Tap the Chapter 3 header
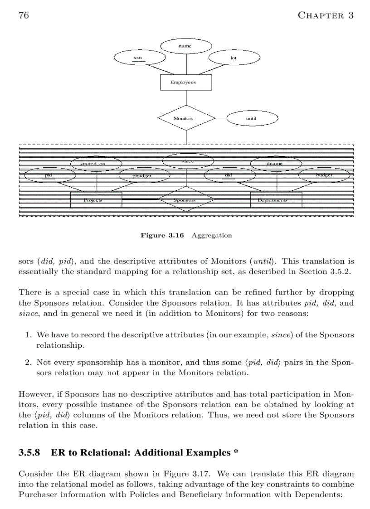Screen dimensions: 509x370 point(325,15)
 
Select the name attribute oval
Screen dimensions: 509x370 point(185,46)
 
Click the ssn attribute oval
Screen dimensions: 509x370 point(138,58)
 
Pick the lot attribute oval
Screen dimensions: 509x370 point(234,58)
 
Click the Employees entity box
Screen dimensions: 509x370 point(185,82)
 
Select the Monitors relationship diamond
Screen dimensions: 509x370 point(186,118)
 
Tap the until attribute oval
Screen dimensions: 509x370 point(252,118)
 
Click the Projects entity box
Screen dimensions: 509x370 point(96,200)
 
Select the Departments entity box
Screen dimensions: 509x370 point(276,200)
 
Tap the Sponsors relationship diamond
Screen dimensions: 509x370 point(186,200)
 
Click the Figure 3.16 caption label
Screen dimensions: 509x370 point(162,235)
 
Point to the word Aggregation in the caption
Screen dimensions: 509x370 point(212,235)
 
